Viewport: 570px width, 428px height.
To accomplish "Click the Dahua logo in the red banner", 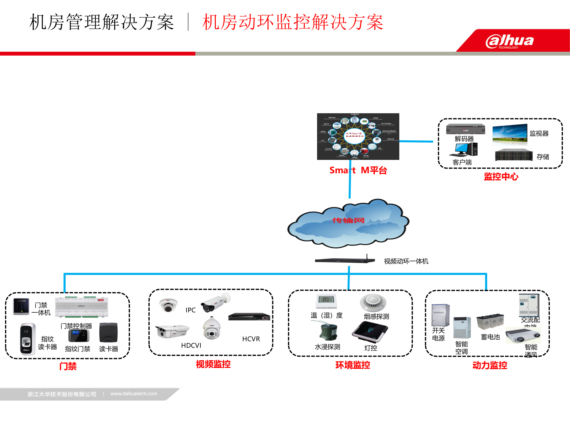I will click(x=509, y=41).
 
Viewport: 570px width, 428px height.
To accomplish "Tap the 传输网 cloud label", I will click(x=348, y=221).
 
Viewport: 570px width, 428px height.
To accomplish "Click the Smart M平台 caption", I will click(x=358, y=170).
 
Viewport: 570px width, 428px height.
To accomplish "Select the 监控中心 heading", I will click(x=501, y=177).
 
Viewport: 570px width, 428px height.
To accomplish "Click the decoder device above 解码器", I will click(x=465, y=129).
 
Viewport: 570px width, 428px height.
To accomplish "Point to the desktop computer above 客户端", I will click(x=464, y=150).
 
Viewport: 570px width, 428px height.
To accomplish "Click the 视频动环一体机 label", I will click(x=406, y=261).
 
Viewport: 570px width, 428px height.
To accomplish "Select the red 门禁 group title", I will click(x=68, y=366).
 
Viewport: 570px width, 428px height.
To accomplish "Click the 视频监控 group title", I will click(x=213, y=364).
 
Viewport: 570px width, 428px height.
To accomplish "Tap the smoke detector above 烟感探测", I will click(x=373, y=302).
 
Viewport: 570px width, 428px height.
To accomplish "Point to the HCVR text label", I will click(x=251, y=339).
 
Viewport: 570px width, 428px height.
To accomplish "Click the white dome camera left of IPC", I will click(x=168, y=305).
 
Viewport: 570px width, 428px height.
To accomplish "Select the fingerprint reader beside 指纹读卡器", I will click(x=27, y=339).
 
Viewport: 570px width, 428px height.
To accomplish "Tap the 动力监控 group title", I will click(x=490, y=365).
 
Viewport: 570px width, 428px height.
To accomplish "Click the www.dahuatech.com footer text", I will click(x=134, y=394).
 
